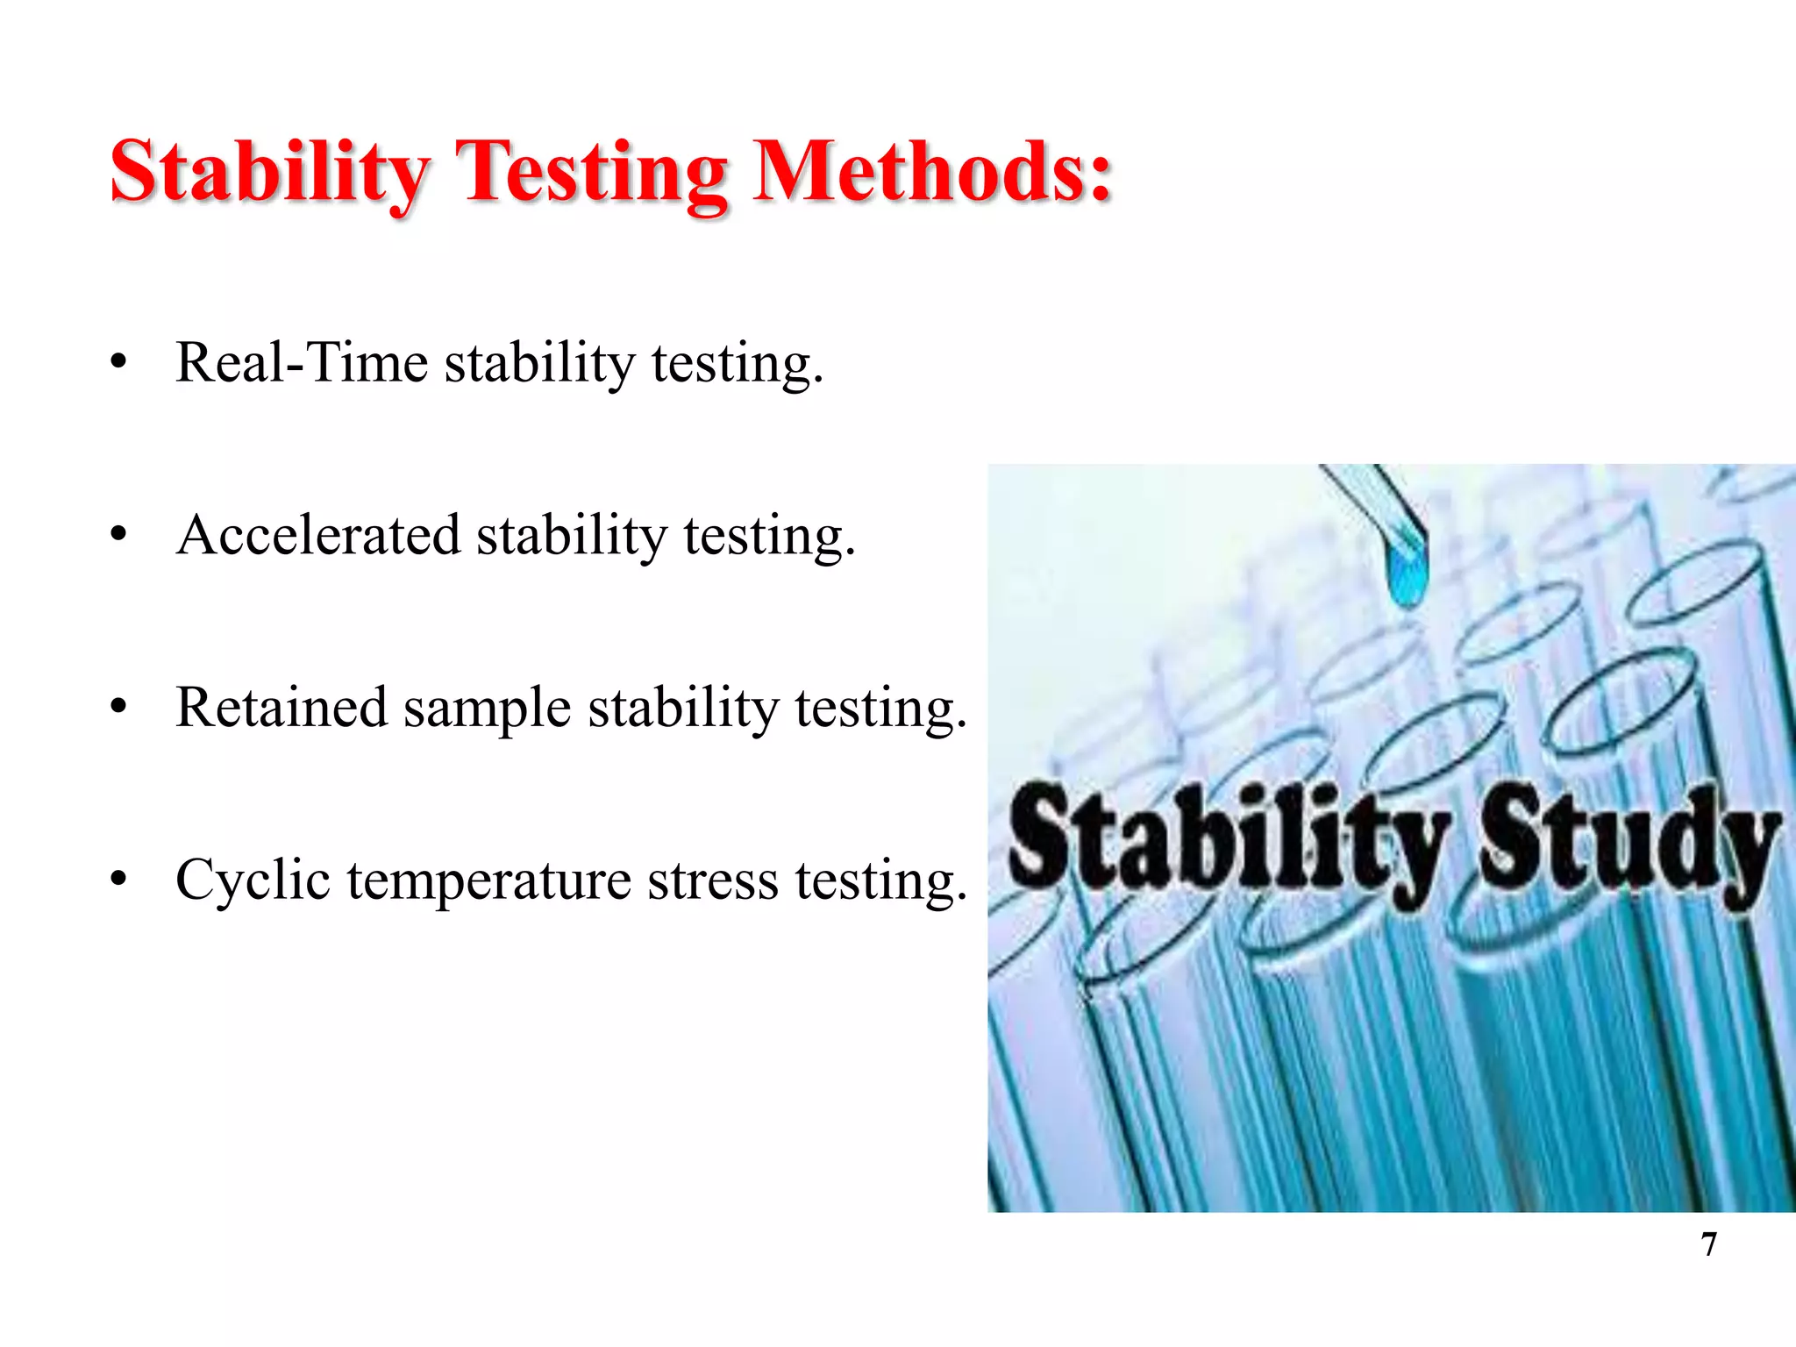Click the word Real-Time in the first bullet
(302, 362)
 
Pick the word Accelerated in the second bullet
(318, 535)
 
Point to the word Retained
(281, 708)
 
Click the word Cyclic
(253, 880)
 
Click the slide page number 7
(1708, 1244)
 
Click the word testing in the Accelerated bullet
(768, 537)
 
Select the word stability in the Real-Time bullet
(539, 364)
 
